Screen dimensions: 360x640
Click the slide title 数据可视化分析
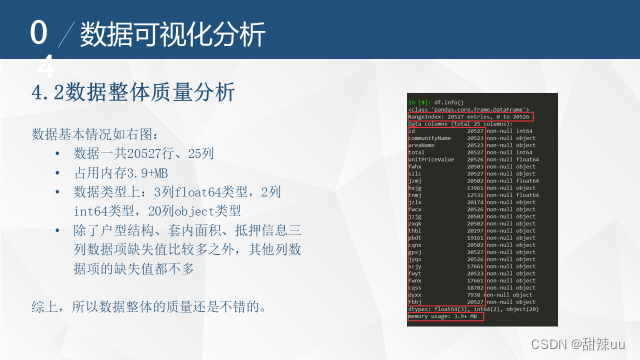point(172,35)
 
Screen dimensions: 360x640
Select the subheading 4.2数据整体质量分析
point(134,93)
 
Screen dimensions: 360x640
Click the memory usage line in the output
point(443,315)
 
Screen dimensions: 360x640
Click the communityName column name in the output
point(431,137)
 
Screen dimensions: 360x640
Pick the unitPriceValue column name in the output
point(431,158)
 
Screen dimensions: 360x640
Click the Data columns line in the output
point(455,123)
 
